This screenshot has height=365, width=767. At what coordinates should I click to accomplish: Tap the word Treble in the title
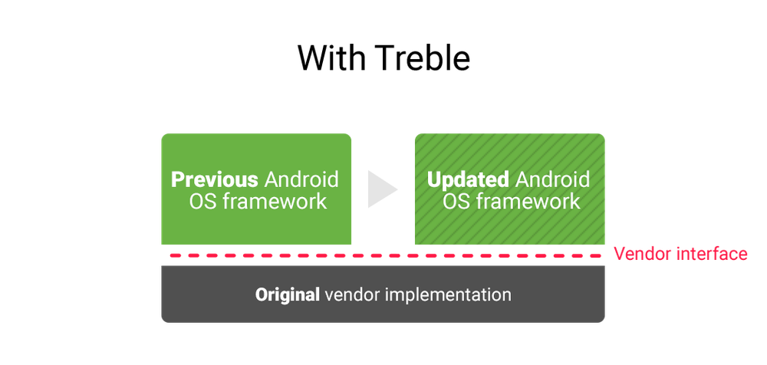point(424,58)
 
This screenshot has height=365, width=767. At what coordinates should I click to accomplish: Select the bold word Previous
point(214,180)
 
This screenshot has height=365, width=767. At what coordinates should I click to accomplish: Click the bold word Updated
point(468,180)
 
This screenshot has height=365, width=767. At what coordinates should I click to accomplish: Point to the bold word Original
point(287,295)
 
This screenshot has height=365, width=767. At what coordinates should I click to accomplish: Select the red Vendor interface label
point(680,254)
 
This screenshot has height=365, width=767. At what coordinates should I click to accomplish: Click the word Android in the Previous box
point(301,180)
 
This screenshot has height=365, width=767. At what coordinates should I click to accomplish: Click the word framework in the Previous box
point(275,202)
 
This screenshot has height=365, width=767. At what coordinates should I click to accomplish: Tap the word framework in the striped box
point(528,202)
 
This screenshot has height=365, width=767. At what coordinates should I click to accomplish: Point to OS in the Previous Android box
point(202,202)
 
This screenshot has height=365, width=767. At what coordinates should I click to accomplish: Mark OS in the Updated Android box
point(456,202)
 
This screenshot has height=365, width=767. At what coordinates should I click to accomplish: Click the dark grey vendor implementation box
point(383,294)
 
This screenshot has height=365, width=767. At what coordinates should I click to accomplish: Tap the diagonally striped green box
point(510,189)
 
